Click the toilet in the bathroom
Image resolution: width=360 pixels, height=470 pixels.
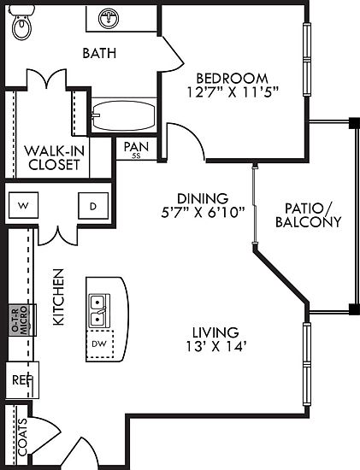pyautogui.click(x=21, y=23)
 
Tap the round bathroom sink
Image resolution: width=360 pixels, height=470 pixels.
pyautogui.click(x=109, y=18)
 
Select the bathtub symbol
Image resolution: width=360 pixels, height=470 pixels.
pyautogui.click(x=124, y=115)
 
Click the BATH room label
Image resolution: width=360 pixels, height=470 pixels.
pyautogui.click(x=99, y=53)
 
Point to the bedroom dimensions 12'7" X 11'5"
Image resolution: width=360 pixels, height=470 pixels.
pyautogui.click(x=233, y=92)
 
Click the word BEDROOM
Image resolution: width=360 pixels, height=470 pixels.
pyautogui.click(x=233, y=79)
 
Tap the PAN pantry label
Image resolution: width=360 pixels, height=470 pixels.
pyautogui.click(x=136, y=147)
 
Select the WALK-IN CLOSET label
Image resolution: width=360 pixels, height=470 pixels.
pyautogui.click(x=55, y=158)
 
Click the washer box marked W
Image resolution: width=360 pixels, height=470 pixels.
pyautogui.click(x=23, y=205)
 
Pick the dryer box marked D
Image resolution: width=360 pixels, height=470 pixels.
pyautogui.click(x=93, y=206)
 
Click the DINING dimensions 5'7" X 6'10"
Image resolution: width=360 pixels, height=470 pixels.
pyautogui.click(x=204, y=213)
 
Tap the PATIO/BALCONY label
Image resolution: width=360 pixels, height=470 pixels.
pyautogui.click(x=309, y=215)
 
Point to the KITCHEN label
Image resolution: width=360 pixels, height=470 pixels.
pyautogui.click(x=58, y=297)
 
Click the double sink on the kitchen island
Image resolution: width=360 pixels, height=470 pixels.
pyautogui.click(x=99, y=311)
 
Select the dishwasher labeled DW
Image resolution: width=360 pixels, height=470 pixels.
pyautogui.click(x=99, y=344)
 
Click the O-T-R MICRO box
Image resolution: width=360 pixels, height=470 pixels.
pyautogui.click(x=22, y=320)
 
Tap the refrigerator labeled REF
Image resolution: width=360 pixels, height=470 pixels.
pyautogui.click(x=22, y=380)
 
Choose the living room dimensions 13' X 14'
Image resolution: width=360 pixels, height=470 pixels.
pyautogui.click(x=216, y=347)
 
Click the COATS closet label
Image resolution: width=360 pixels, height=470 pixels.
pyautogui.click(x=22, y=437)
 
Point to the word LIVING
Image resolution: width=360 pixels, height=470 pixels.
pyautogui.click(x=215, y=332)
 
